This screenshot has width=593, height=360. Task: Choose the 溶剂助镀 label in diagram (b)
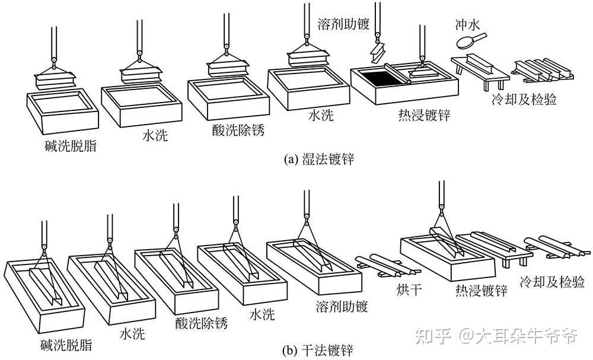pos(341,307)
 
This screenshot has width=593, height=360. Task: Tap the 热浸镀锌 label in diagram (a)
pos(424,114)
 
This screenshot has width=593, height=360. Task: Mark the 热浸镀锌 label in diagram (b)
pos(481,290)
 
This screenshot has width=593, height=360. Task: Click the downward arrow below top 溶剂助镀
pos(375,52)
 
